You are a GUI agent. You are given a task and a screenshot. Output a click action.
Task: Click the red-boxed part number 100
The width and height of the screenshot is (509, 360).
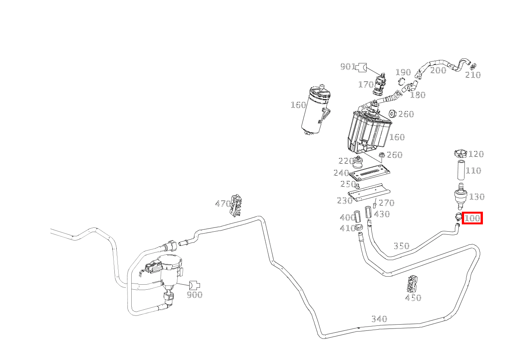(472, 218)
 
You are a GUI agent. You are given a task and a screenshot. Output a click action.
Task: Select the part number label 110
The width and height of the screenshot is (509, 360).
(473, 171)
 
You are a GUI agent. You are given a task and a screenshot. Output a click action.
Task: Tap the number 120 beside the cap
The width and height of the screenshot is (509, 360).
(476, 154)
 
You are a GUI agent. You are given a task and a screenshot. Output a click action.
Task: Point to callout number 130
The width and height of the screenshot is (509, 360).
(477, 197)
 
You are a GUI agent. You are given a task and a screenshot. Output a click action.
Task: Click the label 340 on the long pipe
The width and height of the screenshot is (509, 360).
(379, 319)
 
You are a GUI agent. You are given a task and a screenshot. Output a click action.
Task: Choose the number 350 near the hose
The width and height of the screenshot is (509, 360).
(402, 246)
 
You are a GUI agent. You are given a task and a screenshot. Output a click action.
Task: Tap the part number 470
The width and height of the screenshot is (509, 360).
(223, 204)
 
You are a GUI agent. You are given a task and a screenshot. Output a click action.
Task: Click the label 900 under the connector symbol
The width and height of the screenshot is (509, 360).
(194, 295)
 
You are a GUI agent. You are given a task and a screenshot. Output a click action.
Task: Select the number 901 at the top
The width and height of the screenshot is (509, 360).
(348, 67)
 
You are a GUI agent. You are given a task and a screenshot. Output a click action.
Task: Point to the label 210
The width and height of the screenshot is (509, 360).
(473, 75)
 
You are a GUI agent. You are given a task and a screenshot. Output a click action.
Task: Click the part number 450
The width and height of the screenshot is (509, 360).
(413, 297)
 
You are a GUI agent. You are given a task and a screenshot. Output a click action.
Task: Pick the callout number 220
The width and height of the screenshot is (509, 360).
(346, 161)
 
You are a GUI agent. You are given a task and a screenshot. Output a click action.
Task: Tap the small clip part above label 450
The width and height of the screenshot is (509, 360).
(413, 284)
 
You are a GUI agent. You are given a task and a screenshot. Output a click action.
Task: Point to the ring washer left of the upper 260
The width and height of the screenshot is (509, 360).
(392, 114)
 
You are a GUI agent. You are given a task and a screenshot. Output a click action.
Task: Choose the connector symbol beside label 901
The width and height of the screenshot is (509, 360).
(362, 67)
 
